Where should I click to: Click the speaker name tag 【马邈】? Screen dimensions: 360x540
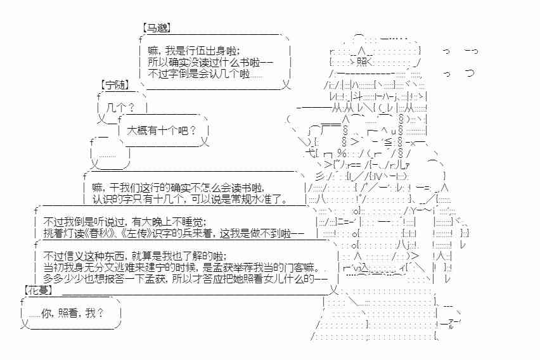(157, 28)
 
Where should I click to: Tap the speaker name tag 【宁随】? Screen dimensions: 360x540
(115, 84)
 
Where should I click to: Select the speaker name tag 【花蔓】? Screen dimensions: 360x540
(39, 290)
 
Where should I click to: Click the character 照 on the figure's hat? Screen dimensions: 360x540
(361, 61)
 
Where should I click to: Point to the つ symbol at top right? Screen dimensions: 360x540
(470, 74)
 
